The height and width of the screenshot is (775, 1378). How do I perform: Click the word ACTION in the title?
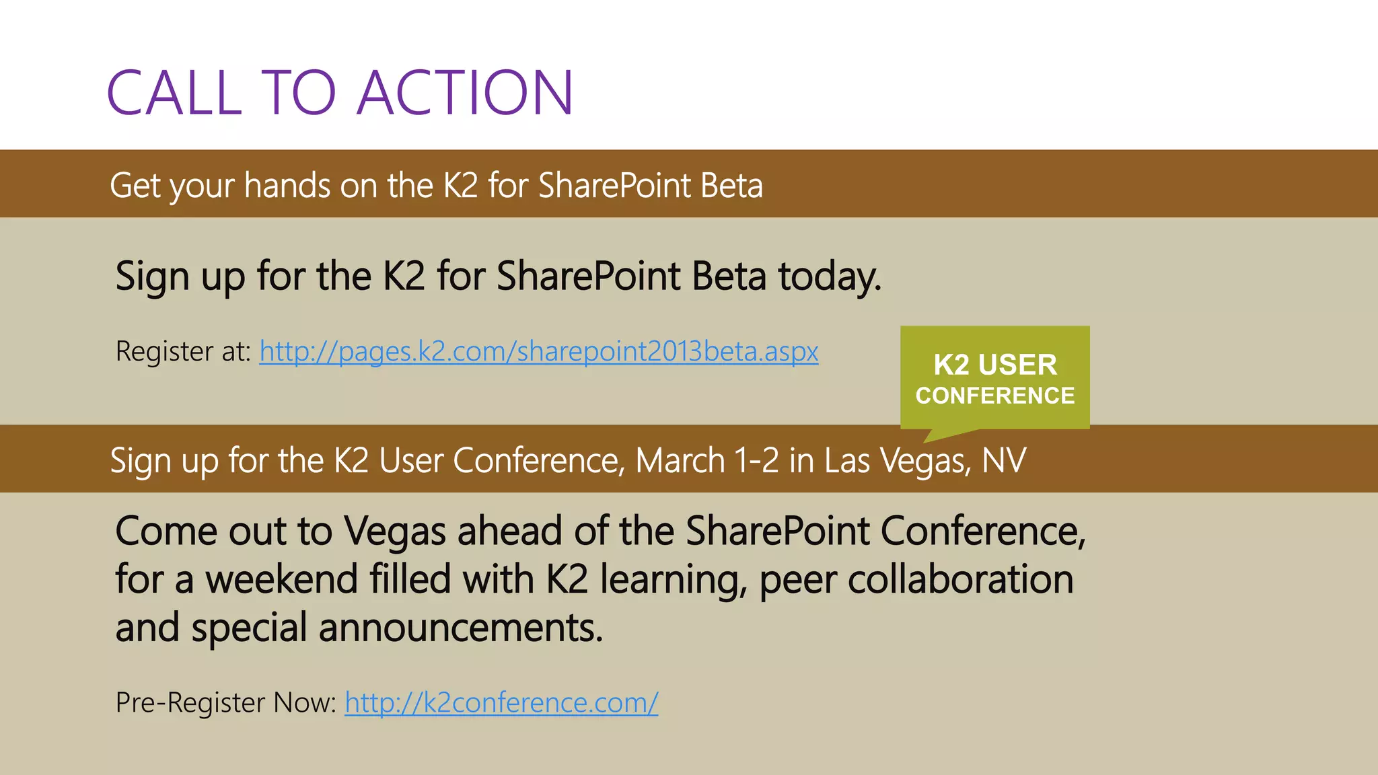pyautogui.click(x=465, y=92)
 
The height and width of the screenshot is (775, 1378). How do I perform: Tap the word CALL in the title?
pyautogui.click(x=174, y=92)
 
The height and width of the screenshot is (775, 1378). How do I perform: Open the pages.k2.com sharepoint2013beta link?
pyautogui.click(x=538, y=351)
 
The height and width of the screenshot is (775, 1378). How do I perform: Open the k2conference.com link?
pyautogui.click(x=501, y=702)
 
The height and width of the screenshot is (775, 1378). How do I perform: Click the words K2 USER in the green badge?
pyautogui.click(x=994, y=365)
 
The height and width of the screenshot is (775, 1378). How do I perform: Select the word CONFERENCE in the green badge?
pyautogui.click(x=994, y=396)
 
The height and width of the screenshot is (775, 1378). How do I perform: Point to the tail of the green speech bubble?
pyautogui.click(x=939, y=435)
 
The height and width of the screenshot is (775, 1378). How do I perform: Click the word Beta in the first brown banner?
pyautogui.click(x=731, y=186)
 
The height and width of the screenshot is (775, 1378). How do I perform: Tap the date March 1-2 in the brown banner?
pyautogui.click(x=706, y=461)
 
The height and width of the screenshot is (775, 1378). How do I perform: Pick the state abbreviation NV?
pyautogui.click(x=1004, y=461)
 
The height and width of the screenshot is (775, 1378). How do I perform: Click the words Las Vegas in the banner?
pyautogui.click(x=898, y=461)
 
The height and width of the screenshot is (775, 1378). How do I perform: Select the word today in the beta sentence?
pyautogui.click(x=829, y=276)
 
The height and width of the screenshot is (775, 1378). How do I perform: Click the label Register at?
pyautogui.click(x=183, y=351)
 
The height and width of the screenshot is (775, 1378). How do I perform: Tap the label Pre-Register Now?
pyautogui.click(x=225, y=702)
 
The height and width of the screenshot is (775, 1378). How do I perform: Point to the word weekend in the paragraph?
pyautogui.click(x=281, y=579)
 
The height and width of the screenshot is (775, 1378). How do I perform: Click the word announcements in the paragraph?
pyautogui.click(x=460, y=628)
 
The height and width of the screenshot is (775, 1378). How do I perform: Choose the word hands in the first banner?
pyautogui.click(x=287, y=186)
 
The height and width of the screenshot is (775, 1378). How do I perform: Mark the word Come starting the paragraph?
pyautogui.click(x=166, y=531)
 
